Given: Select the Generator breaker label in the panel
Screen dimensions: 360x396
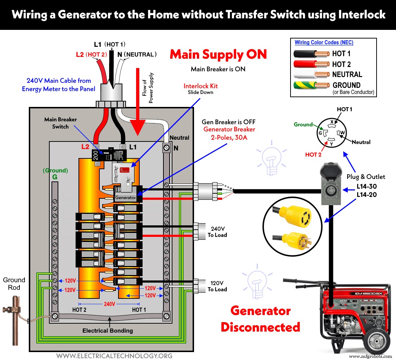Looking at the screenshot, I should (125, 198).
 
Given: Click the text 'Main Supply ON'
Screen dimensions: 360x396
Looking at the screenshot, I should (218, 54).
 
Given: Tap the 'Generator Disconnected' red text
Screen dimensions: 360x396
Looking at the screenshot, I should (260, 319).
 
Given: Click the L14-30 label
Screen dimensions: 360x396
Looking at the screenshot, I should (366, 186).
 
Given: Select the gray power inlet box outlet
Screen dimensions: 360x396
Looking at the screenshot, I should (330, 187).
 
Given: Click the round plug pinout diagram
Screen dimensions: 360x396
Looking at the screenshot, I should (331, 133).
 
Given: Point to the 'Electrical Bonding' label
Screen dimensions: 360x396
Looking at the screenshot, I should (108, 330).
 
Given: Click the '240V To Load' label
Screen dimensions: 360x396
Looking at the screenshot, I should (217, 232).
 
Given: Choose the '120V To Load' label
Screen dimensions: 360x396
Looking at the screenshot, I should (217, 286).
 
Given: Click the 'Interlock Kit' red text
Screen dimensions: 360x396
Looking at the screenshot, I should (201, 86).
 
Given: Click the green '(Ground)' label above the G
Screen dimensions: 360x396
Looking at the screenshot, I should (55, 170).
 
